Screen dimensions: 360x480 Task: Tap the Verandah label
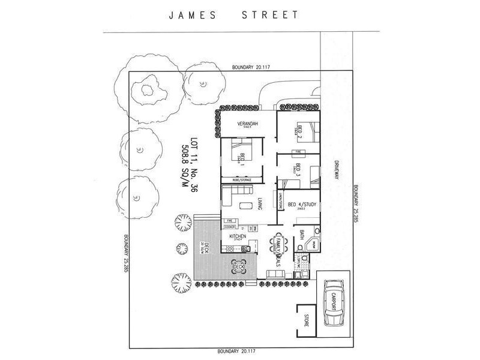click(x=245, y=124)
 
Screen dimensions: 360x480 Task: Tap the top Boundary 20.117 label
click(x=251, y=68)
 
